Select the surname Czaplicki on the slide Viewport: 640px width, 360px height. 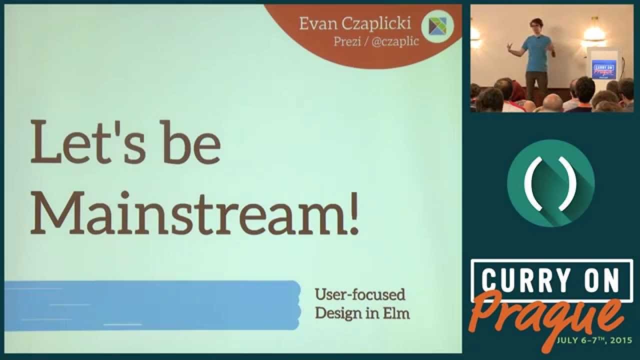pos(376,23)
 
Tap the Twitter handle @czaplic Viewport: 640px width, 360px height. pos(395,41)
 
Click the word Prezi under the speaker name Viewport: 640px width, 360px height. pos(347,41)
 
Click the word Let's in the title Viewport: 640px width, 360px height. pos(87,142)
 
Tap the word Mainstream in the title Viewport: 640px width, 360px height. pos(188,213)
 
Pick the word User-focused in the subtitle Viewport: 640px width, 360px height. pos(360,294)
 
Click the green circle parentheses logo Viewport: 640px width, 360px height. pos(551,183)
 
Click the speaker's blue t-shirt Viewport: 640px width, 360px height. pos(537,53)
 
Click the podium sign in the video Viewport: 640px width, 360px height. pos(603,69)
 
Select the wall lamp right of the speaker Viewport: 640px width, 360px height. pos(595,33)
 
